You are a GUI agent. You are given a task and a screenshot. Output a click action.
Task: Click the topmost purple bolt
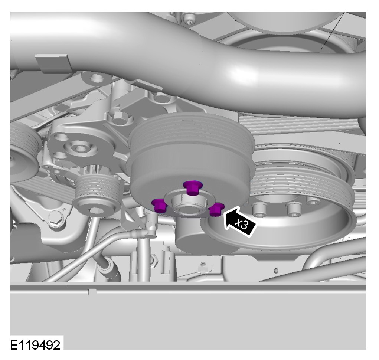(x=192, y=188)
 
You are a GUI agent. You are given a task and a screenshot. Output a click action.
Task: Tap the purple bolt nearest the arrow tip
(x=216, y=209)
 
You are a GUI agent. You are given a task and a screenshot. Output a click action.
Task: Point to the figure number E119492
(x=35, y=345)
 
